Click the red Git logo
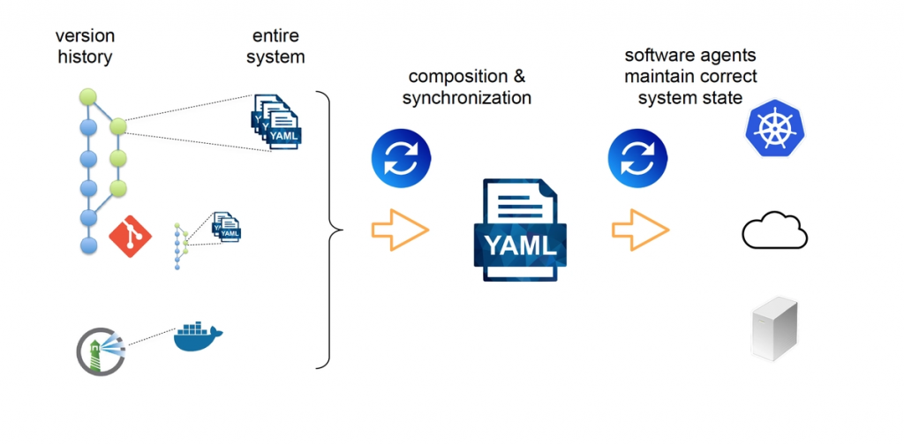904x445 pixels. pyautogui.click(x=130, y=236)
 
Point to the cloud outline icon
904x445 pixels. pyautogui.click(x=774, y=231)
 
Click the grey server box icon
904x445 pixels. pyautogui.click(x=774, y=328)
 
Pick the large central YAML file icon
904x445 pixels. pyautogui.click(x=520, y=230)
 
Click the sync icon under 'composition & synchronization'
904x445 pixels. pyautogui.click(x=401, y=159)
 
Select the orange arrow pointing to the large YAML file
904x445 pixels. pyautogui.click(x=400, y=230)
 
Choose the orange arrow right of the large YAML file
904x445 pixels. pyautogui.click(x=640, y=230)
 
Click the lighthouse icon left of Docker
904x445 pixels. pyautogui.click(x=100, y=351)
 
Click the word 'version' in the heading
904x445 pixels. pyautogui.click(x=85, y=36)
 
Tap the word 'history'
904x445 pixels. pyautogui.click(x=85, y=57)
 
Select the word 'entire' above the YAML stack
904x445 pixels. pyautogui.click(x=275, y=36)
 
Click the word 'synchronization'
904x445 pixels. pyautogui.click(x=466, y=98)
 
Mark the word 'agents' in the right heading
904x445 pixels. pyautogui.click(x=724, y=56)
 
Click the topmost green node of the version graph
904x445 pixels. pyautogui.click(x=87, y=95)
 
